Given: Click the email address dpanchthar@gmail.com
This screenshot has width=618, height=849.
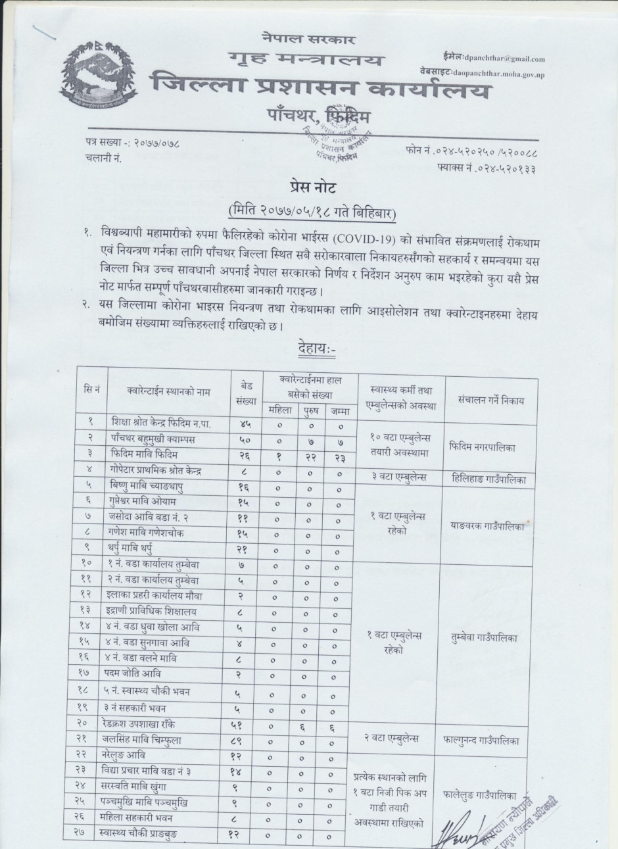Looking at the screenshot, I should pyautogui.click(x=504, y=59).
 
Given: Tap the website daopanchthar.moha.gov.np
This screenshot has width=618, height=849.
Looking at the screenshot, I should pyautogui.click(x=498, y=74).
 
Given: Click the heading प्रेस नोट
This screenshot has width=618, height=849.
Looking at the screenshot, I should pyautogui.click(x=313, y=188).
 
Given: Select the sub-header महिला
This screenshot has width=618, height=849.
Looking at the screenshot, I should pyautogui.click(x=278, y=410).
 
